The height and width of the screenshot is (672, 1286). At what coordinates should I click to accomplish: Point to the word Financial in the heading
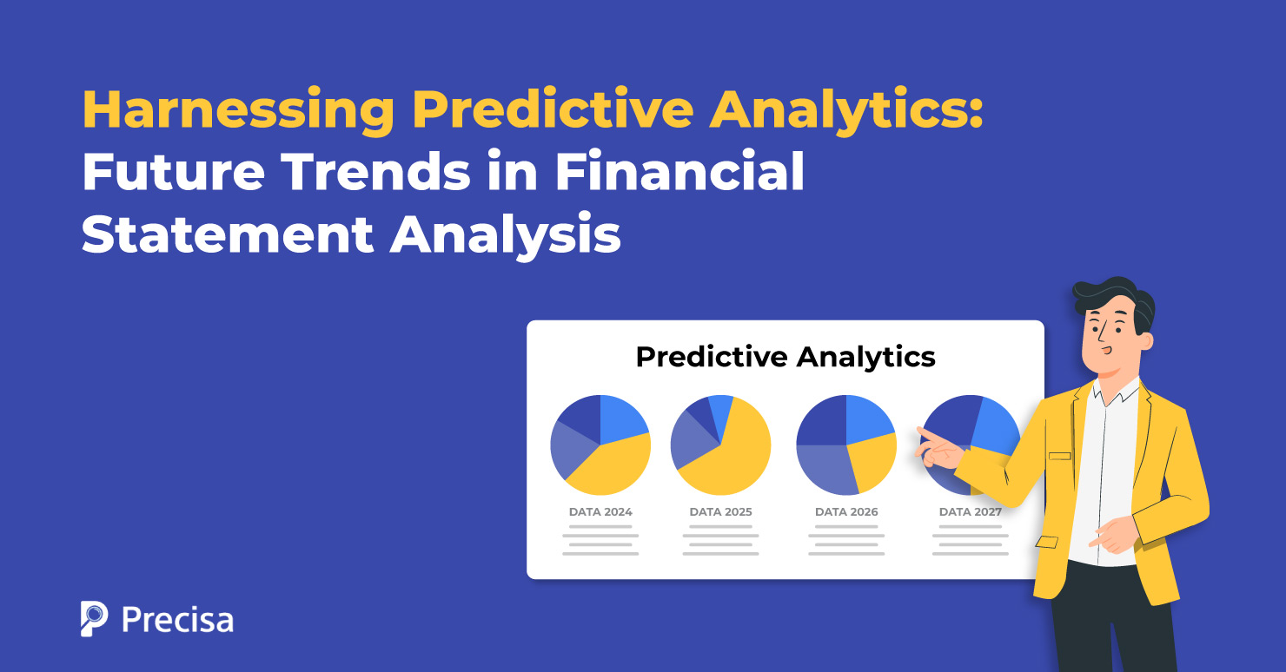coord(679,173)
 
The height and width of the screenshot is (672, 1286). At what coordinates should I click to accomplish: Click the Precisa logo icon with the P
coord(94,618)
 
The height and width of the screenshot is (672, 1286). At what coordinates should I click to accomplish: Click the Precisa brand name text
coord(177,619)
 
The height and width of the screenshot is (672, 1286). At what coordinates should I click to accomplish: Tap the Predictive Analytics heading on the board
coord(786,357)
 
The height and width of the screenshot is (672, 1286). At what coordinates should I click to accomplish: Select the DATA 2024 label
coord(600,512)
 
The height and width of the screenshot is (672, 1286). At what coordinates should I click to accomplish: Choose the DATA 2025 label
coord(720,512)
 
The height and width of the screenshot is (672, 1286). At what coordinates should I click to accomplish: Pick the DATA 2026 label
coord(846,512)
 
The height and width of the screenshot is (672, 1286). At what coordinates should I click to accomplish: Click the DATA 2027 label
coord(970,512)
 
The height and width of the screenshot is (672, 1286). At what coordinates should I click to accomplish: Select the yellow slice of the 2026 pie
coord(872,460)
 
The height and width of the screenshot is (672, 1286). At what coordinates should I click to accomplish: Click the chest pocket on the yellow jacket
coord(1059,456)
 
